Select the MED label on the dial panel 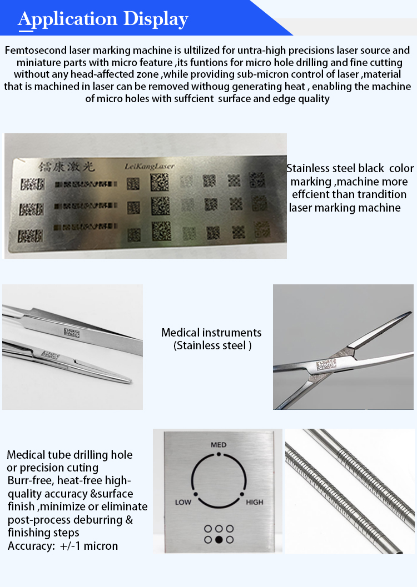[219, 445]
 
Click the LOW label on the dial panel [183, 503]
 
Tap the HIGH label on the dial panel [254, 503]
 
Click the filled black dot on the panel [219, 539]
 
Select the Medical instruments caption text [211, 333]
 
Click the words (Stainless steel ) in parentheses [212, 345]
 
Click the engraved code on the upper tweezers [71, 333]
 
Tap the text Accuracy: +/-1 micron [63, 546]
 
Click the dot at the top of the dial [219, 454]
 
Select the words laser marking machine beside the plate [345, 208]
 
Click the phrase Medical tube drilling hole [69, 455]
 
